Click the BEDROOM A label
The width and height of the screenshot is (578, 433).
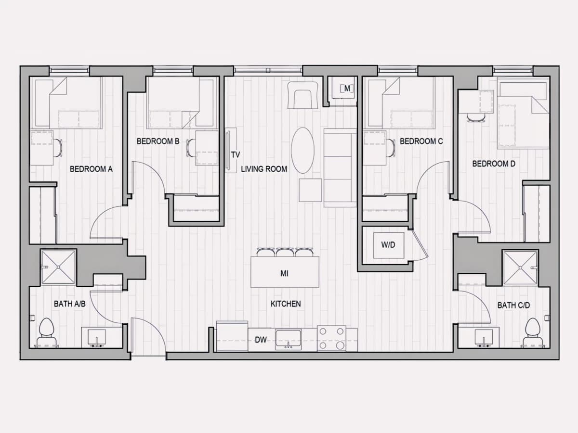tap(91, 169)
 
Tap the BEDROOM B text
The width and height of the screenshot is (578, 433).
tap(158, 141)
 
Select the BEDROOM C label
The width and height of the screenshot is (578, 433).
tap(421, 141)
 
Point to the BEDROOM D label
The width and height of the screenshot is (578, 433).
tap(494, 164)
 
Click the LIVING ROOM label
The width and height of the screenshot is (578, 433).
tap(264, 169)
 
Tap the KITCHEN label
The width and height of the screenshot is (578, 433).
tap(286, 304)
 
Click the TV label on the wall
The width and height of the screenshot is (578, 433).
tap(236, 155)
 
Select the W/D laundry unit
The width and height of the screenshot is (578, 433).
tap(389, 245)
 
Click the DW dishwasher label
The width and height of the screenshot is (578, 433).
tap(261, 340)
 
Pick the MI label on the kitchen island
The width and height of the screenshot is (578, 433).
tap(284, 274)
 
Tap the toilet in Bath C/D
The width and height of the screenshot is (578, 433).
tap(532, 332)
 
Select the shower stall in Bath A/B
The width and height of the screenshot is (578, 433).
tap(58, 267)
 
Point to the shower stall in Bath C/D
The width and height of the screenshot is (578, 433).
tap(520, 267)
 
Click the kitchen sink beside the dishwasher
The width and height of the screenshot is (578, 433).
tap(288, 339)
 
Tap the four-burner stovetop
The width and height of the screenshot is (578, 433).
tap(331, 338)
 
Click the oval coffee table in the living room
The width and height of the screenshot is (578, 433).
tap(302, 151)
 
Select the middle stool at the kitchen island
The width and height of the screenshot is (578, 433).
tap(285, 252)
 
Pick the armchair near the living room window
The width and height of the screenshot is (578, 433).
tap(303, 95)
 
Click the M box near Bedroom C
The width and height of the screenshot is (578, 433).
tap(347, 89)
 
